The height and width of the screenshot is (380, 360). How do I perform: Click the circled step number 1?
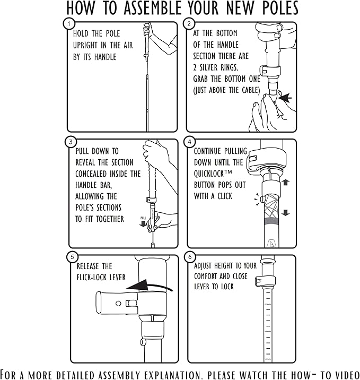coord(69,24)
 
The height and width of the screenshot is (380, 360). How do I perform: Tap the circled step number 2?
coord(189,24)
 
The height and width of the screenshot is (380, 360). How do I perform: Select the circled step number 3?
coord(71,142)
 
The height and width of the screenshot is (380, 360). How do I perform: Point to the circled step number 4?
coord(190,142)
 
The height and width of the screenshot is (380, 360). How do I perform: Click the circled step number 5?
coord(72,257)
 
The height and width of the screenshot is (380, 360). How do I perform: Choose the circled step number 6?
coord(190,257)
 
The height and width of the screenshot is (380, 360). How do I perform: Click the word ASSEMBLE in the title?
coord(152,8)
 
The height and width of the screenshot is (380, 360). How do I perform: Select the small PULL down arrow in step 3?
coord(143,223)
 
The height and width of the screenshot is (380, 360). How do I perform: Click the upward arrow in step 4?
coord(286,183)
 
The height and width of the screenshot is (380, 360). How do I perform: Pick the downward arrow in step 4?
coord(286,212)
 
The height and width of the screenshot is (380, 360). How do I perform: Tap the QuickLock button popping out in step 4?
coord(262,199)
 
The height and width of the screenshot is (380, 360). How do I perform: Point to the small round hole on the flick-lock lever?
coord(118,303)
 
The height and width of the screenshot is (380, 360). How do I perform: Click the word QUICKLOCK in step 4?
coord(210,174)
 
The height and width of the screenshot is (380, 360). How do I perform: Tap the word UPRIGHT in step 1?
coord(86,45)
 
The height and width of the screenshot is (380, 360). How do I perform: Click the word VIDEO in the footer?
coord(346,375)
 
